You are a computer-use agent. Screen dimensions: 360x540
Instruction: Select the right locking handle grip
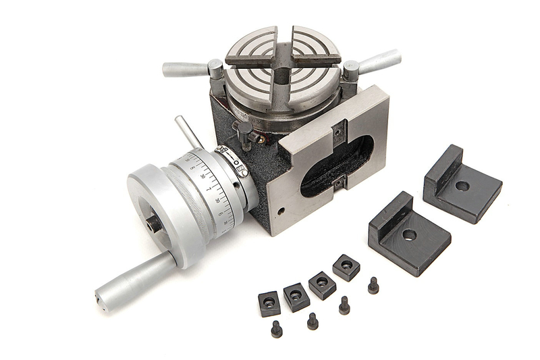pos(379,61)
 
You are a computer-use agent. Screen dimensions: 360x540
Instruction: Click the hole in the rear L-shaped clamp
pos(462,185)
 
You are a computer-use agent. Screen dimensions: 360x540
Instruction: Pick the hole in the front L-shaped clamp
pos(409,235)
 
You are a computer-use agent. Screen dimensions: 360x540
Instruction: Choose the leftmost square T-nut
pos(269,303)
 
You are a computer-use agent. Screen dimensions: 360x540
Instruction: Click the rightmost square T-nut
pos(346,267)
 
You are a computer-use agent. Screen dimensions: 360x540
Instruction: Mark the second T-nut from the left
pos(296,296)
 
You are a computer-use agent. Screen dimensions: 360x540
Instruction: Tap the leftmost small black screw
pos(277,329)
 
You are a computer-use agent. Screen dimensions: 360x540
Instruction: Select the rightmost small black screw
pos(373,286)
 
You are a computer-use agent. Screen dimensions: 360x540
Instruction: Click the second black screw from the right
pos(344,306)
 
